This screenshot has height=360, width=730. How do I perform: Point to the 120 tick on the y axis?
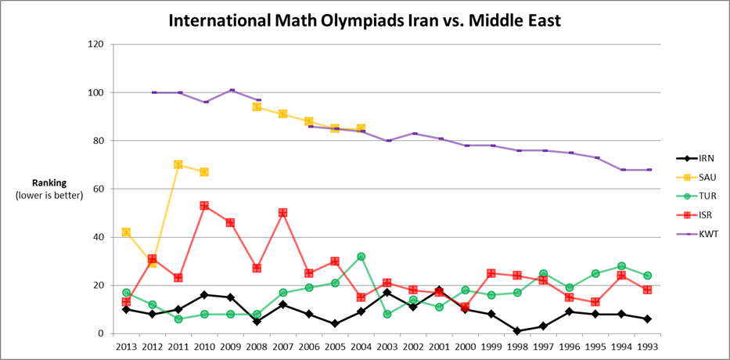95,45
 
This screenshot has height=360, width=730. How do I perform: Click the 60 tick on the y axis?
99,189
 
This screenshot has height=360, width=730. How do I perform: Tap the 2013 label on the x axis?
126,345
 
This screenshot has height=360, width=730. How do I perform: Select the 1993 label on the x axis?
648,345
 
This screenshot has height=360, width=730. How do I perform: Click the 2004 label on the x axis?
361,345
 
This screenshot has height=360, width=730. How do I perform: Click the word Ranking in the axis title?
49,183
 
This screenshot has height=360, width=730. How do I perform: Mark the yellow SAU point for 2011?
178,164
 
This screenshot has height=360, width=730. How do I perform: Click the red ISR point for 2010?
204,206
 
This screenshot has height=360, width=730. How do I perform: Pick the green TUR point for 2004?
361,256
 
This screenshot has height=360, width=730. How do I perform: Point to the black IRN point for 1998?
517,330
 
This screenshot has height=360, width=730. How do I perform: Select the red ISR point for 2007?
282,213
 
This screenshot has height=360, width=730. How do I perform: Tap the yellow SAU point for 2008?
257,106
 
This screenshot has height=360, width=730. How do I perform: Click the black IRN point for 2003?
387,293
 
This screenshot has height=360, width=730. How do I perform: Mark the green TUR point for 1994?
621,266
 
